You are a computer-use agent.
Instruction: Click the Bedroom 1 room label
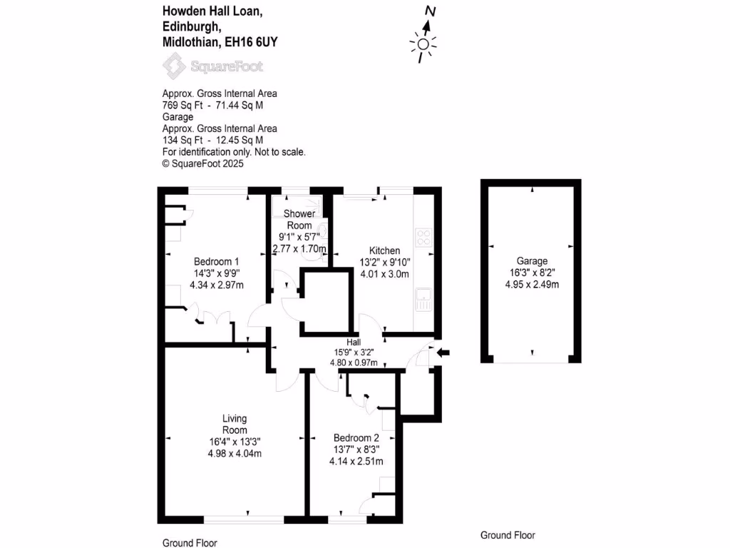point(217,261)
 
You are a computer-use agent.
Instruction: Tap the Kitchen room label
point(384,250)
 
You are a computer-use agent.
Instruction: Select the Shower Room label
point(299,220)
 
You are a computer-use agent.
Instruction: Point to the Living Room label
point(235,424)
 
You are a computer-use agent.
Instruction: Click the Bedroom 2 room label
point(356,437)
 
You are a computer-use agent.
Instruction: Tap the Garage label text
point(533,261)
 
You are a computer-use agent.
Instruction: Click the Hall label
point(354,342)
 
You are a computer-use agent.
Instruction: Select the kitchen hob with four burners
point(423,236)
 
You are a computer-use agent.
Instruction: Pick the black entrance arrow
point(443,352)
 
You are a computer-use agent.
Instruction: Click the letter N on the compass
point(430,11)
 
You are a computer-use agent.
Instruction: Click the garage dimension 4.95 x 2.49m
point(532,285)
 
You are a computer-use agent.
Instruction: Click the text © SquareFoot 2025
point(203,163)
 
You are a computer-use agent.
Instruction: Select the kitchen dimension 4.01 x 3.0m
point(384,273)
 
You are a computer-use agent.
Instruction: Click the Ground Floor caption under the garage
point(508,535)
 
